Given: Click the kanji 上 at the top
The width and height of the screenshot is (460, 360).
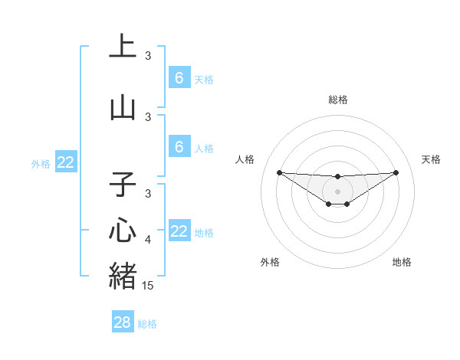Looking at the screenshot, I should [x=123, y=45].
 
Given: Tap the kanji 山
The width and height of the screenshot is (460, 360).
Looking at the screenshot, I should [x=123, y=108].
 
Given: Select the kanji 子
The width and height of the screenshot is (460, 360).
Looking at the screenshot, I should [x=123, y=185].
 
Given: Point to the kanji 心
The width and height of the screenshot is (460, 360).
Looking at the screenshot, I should [x=123, y=230].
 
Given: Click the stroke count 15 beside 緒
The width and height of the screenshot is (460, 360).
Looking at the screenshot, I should [x=149, y=286].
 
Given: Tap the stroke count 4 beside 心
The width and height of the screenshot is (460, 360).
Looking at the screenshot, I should [x=149, y=240].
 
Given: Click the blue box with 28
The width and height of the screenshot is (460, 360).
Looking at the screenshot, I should [x=123, y=322].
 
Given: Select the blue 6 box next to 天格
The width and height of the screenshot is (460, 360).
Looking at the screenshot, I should [x=179, y=77].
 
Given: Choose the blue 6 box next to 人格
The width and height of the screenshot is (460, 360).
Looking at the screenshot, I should [x=179, y=147].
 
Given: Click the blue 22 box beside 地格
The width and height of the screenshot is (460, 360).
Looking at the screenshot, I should [x=179, y=231].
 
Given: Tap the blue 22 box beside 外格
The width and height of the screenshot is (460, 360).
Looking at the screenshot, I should [x=66, y=162].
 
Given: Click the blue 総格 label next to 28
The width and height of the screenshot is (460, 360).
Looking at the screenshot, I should [x=147, y=324].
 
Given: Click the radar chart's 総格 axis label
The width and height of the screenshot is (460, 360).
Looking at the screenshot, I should [x=337, y=100].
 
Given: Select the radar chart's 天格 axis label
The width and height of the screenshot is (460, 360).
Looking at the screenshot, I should [x=431, y=159].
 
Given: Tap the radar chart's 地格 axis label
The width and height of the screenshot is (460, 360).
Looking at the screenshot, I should [x=402, y=262].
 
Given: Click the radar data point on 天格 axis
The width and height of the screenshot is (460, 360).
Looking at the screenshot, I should [x=396, y=172].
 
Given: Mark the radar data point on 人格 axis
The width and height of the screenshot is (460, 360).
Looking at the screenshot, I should [x=279, y=172].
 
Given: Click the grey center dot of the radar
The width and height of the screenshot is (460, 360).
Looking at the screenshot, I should [x=337, y=191].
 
